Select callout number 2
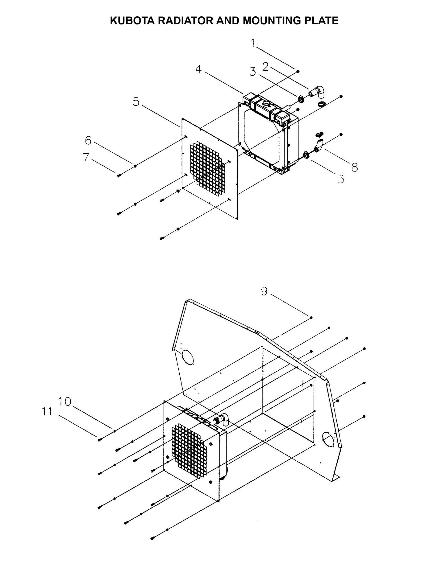[265, 67]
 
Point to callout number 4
[198, 69]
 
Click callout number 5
[136, 102]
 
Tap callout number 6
[88, 140]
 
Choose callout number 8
[354, 167]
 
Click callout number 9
[264, 291]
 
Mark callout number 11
[47, 412]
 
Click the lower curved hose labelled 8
[319, 145]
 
